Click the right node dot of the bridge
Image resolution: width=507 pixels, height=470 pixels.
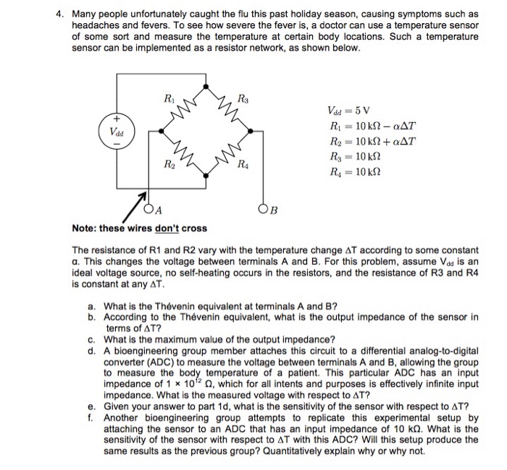(251, 132)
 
